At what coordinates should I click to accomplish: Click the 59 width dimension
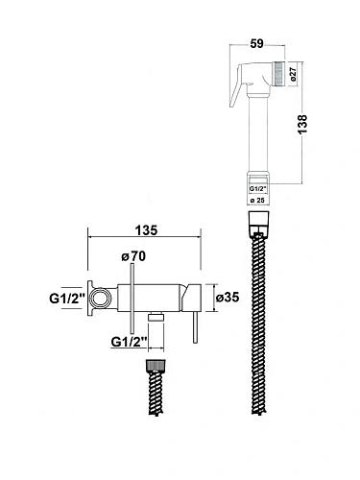coord(256,43)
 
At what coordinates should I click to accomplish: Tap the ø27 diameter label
coord(295,74)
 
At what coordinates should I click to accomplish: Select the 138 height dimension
coord(302,125)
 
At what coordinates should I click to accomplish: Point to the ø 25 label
coord(257,201)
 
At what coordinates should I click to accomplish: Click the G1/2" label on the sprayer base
coord(257,189)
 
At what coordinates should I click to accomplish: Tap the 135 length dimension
coord(146,230)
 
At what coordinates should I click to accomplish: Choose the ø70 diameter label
coord(133,256)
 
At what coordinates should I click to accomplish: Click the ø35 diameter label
coord(228,298)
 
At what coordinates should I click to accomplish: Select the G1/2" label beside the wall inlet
coord(67,299)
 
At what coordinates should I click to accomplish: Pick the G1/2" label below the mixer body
coord(129,342)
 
